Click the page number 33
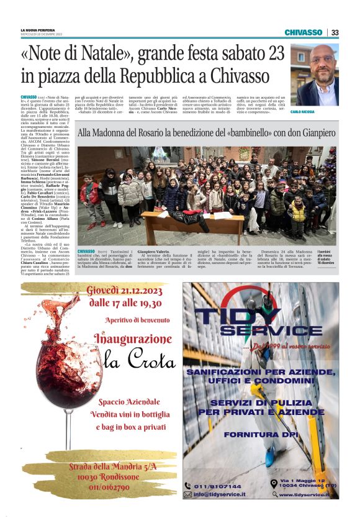(x=335, y=32)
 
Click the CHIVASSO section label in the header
(x=303, y=32)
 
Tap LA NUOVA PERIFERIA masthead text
(x=38, y=29)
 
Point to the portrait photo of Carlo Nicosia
(x=315, y=76)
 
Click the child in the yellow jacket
(x=299, y=211)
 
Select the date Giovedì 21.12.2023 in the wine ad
(x=124, y=291)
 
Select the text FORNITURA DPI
(x=260, y=434)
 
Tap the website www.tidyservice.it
(x=305, y=494)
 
